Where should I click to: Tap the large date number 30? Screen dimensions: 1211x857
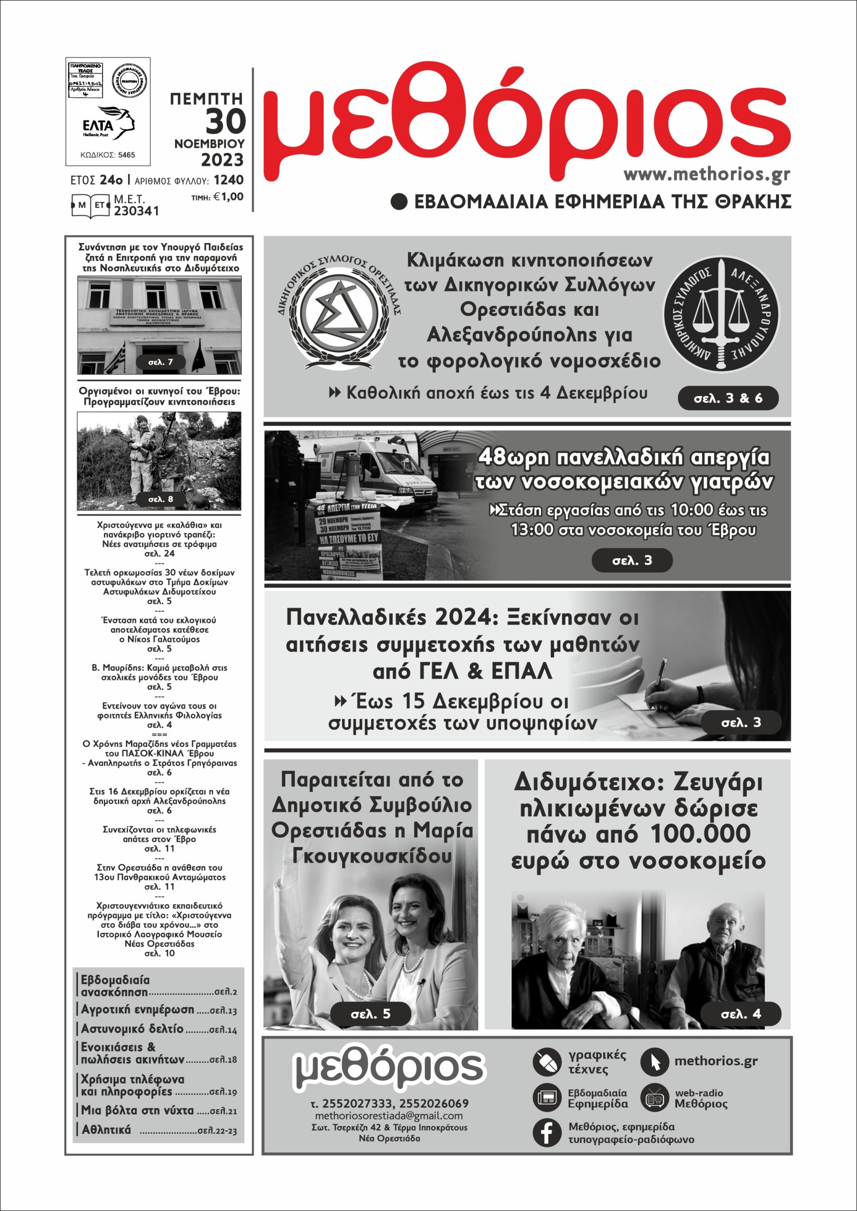point(225,121)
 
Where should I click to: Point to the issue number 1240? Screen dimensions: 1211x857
point(229,180)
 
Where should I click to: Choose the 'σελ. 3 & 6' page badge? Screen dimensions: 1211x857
point(728,398)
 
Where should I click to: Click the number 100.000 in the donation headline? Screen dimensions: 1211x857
point(700,834)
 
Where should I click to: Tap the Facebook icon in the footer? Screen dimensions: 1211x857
point(546,1132)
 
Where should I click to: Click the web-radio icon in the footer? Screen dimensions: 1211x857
point(654,1097)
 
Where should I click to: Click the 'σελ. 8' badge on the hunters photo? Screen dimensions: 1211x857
point(160,499)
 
